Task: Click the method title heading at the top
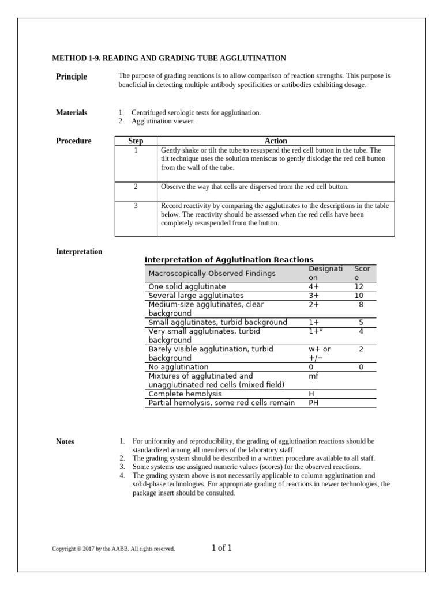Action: click(x=169, y=58)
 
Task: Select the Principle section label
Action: click(x=71, y=77)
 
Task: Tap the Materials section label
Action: click(x=72, y=112)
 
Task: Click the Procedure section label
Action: click(x=73, y=141)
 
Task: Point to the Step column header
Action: click(x=136, y=141)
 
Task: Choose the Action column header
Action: click(x=276, y=141)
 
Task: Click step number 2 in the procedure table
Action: click(x=136, y=187)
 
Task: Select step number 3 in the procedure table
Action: click(x=136, y=206)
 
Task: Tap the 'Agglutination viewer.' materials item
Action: click(x=163, y=122)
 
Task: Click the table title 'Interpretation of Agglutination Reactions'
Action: click(x=228, y=260)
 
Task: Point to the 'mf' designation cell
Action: click(x=313, y=376)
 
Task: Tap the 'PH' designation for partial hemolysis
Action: click(x=314, y=403)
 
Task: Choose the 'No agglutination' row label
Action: click(x=178, y=367)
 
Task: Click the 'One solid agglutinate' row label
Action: click(x=187, y=286)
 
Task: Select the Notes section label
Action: click(x=65, y=441)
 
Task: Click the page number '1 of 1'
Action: click(x=221, y=548)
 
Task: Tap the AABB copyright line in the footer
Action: click(x=113, y=549)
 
